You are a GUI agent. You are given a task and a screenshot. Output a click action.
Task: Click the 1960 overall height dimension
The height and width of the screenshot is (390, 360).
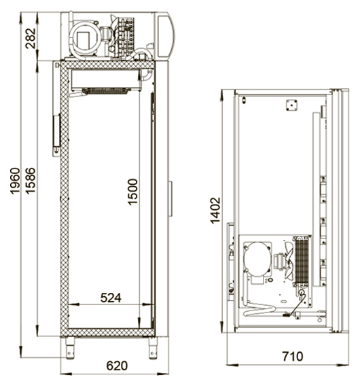(x=15, y=181)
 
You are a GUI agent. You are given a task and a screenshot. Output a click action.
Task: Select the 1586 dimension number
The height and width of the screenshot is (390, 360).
(x=31, y=181)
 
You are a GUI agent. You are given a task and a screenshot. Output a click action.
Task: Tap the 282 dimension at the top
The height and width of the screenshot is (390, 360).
(x=31, y=38)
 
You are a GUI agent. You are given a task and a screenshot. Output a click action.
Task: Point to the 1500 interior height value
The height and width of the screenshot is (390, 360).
(x=132, y=192)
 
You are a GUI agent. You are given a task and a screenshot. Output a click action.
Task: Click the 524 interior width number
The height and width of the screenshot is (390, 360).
(x=111, y=298)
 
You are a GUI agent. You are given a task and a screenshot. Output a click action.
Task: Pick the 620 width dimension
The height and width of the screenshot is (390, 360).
(x=117, y=366)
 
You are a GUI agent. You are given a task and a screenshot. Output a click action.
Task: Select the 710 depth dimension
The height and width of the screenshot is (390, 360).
(x=293, y=357)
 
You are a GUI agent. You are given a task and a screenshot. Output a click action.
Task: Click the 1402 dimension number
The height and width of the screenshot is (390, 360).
(x=215, y=211)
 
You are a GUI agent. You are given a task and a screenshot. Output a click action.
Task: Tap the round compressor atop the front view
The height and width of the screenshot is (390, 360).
(x=85, y=39)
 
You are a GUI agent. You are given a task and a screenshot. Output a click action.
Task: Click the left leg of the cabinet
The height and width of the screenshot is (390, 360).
(x=70, y=348)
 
